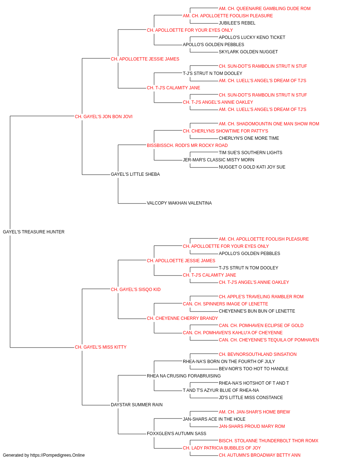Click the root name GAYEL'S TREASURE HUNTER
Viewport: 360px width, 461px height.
[33, 232]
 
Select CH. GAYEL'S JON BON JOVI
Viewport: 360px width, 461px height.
[103, 117]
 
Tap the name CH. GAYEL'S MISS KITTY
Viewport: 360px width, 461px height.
[100, 347]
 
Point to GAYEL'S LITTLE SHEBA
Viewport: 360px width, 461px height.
[135, 174]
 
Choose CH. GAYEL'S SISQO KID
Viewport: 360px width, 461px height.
[136, 290]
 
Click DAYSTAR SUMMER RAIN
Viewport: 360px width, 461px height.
[137, 405]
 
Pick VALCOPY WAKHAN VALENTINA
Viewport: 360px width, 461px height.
[179, 203]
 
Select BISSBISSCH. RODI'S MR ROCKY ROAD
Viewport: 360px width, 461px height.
[187, 146]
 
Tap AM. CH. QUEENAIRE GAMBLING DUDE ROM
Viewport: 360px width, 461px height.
[265, 9]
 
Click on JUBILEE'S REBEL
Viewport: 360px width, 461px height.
[237, 23]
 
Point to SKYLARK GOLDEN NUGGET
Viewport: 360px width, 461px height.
[248, 52]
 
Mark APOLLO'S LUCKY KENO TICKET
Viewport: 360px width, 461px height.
[252, 37]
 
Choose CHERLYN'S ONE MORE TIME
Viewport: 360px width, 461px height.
[249, 138]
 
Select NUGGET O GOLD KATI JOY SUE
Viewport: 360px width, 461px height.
[252, 167]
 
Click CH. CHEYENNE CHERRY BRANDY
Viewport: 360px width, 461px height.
[182, 318]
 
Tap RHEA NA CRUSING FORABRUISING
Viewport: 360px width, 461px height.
[184, 376]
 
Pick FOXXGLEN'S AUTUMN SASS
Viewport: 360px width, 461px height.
[176, 434]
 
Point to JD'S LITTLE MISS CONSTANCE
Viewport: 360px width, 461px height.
[251, 398]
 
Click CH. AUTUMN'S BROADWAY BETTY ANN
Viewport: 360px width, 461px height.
[260, 455]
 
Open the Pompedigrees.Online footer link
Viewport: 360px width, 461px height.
[58, 455]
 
